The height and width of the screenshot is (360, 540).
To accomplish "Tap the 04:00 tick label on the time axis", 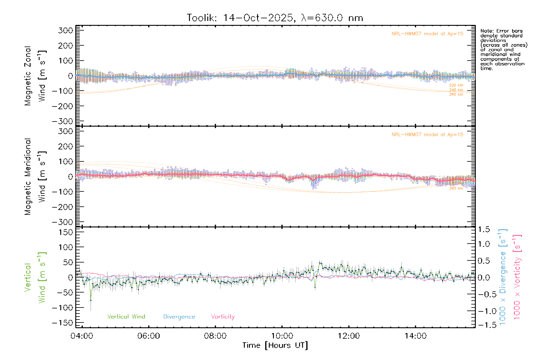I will click(82, 336).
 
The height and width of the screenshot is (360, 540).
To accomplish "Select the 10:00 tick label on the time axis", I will click(282, 336).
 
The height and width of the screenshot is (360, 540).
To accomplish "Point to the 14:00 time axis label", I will click(415, 336).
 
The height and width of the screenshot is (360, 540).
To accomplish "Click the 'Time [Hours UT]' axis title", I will click(275, 346).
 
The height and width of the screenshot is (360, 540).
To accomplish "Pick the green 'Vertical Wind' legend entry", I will click(126, 317).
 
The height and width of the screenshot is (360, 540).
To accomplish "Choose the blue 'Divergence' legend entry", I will click(179, 317).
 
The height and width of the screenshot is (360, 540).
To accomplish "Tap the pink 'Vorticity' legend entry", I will click(223, 317).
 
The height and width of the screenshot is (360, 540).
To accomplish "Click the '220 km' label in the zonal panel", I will click(456, 85).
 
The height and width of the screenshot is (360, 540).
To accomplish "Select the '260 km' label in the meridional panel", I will click(456, 188).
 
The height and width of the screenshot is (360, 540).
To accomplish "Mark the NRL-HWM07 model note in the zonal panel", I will click(427, 34).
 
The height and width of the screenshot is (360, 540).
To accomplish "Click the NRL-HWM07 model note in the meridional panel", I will click(427, 135).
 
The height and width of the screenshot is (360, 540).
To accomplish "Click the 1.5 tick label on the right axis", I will click(484, 229).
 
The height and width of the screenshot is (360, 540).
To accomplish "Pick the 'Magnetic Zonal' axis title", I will click(28, 76).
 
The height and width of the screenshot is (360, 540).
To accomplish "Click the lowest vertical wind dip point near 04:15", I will click(91, 300).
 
